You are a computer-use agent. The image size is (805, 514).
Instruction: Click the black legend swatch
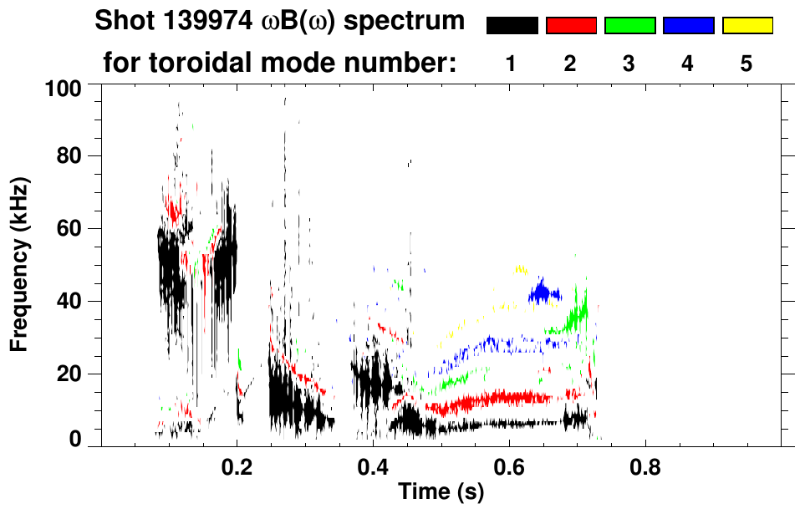(x=512, y=26)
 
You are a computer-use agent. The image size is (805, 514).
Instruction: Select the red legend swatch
(x=571, y=26)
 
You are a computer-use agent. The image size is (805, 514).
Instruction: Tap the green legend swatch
(x=629, y=26)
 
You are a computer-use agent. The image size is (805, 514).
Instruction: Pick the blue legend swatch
(x=688, y=26)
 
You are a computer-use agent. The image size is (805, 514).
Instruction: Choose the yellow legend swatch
(x=746, y=26)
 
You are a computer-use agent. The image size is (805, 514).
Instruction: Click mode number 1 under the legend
(x=511, y=63)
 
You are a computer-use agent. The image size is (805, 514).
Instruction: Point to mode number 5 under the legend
(x=746, y=63)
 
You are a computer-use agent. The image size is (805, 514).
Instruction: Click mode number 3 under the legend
(x=629, y=63)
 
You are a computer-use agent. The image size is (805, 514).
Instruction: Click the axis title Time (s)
(x=441, y=493)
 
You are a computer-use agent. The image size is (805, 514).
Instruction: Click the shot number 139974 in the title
(x=205, y=22)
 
